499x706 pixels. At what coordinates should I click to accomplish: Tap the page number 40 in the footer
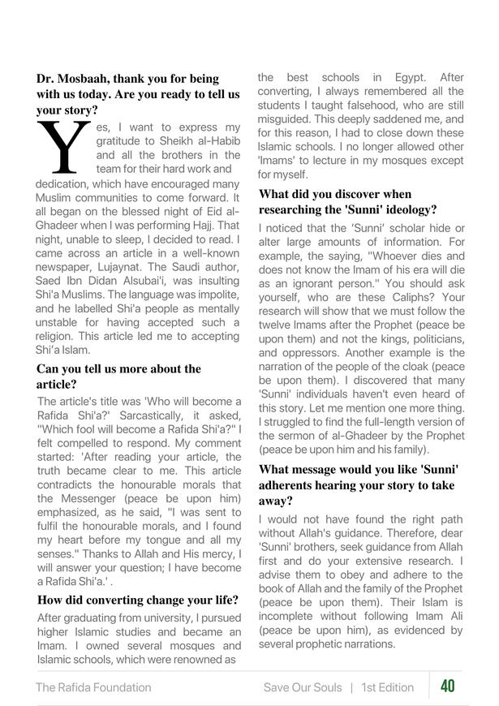(x=447, y=687)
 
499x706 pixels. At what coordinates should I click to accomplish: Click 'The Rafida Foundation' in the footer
(x=93, y=687)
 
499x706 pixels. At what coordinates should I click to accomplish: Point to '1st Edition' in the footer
(x=388, y=687)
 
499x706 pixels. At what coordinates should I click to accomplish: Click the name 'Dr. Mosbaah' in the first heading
(x=71, y=79)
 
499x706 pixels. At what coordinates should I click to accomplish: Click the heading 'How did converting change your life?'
(x=137, y=601)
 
